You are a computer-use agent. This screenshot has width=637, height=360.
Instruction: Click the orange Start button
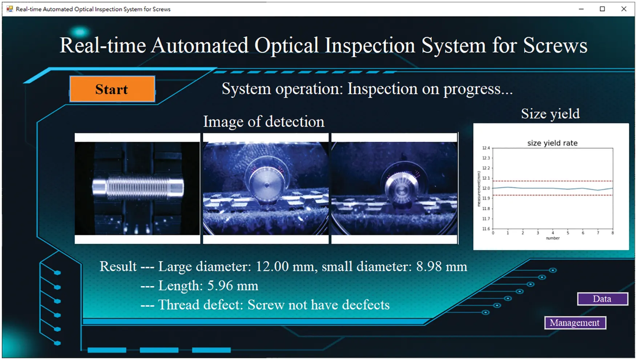pyautogui.click(x=112, y=89)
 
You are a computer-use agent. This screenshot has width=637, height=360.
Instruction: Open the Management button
pyautogui.click(x=575, y=323)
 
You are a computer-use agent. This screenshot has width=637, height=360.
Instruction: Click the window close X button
pyautogui.click(x=624, y=9)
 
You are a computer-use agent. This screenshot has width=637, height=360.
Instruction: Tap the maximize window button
pyautogui.click(x=602, y=9)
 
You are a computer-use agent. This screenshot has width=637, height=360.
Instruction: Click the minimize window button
pyautogui.click(x=581, y=9)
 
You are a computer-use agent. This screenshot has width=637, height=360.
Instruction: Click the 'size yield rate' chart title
pyautogui.click(x=552, y=143)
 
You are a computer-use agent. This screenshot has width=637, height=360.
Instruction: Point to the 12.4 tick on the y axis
pyautogui.click(x=486, y=148)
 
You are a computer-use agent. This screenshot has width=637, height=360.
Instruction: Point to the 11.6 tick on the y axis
pyautogui.click(x=486, y=229)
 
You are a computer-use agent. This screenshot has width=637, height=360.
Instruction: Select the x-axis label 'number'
pyautogui.click(x=552, y=238)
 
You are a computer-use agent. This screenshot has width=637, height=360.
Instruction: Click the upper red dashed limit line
pyautogui.click(x=552, y=181)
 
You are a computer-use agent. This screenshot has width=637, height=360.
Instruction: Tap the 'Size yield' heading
pyautogui.click(x=550, y=114)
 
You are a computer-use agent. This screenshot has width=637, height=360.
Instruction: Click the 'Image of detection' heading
pyautogui.click(x=263, y=122)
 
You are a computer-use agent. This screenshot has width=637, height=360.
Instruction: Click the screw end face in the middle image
pyautogui.click(x=266, y=184)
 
